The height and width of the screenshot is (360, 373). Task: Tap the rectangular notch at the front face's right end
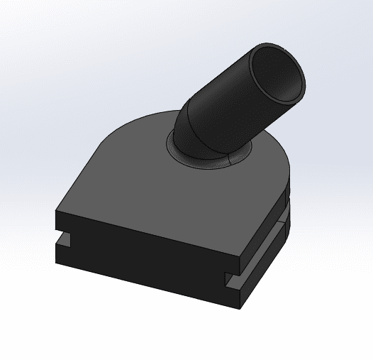(x=231, y=281)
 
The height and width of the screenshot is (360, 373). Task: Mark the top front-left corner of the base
(x=56, y=208)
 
